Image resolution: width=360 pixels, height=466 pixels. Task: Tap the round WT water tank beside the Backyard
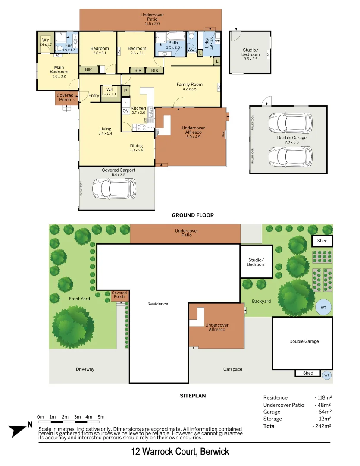(x=323, y=307)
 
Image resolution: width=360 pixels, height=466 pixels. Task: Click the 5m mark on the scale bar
(x=101, y=417)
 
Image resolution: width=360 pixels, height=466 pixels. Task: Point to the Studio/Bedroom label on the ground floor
(x=250, y=52)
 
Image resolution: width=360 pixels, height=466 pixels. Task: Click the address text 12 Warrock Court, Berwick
(x=180, y=452)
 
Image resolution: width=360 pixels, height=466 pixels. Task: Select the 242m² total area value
(x=322, y=426)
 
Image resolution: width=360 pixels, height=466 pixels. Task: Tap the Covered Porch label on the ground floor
(x=65, y=98)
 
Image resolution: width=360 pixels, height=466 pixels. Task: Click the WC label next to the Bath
(x=191, y=50)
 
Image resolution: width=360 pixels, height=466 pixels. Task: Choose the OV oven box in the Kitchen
(x=125, y=111)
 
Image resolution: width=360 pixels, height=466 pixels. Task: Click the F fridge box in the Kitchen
(x=125, y=102)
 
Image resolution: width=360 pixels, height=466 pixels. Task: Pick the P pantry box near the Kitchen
(x=125, y=91)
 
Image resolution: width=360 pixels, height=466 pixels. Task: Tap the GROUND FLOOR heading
(x=192, y=215)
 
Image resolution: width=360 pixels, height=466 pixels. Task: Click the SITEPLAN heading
(x=192, y=395)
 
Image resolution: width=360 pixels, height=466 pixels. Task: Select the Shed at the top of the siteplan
(x=322, y=241)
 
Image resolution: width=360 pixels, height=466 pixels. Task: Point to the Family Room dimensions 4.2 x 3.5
(x=189, y=89)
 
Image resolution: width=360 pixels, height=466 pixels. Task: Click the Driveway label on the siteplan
(x=85, y=369)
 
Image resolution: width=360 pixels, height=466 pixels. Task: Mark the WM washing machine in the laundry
(x=217, y=41)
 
